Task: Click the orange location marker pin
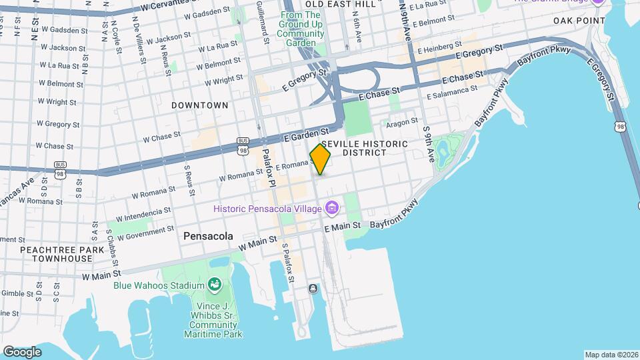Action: (x=320, y=159)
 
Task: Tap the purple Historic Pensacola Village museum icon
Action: (x=332, y=209)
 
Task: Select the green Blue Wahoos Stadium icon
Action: (x=215, y=285)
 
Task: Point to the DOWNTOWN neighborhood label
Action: (x=199, y=105)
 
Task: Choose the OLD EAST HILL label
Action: (x=331, y=4)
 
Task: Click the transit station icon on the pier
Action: (x=312, y=289)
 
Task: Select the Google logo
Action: (x=22, y=351)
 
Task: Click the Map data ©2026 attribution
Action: (x=611, y=355)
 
